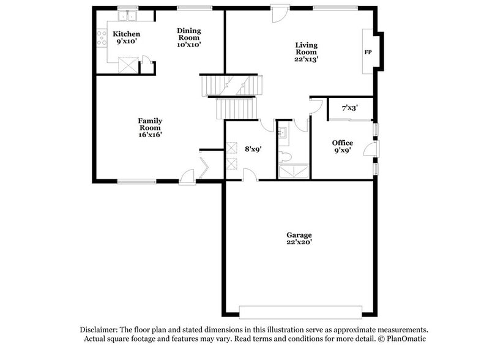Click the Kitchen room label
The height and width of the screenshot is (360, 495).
[x=127, y=34]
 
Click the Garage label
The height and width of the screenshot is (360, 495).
[x=300, y=234]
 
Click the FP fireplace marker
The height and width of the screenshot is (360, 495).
[x=368, y=52]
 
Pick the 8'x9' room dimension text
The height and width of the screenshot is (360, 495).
[x=253, y=149]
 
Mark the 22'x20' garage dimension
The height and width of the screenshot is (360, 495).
[x=300, y=242]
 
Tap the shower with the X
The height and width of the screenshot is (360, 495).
[x=294, y=171]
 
